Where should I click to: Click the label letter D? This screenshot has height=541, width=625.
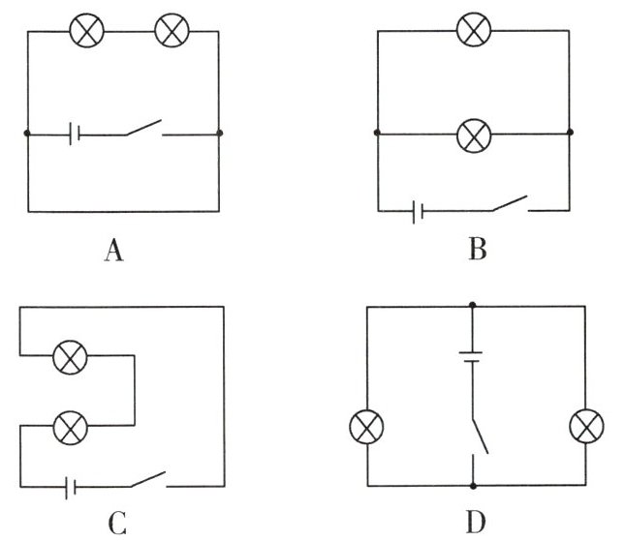475,524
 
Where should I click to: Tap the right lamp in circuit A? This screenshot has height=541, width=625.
172,31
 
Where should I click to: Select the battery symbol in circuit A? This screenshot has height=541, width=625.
74,134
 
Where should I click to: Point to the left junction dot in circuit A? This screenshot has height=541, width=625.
26,134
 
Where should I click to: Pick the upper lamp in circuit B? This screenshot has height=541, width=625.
473,30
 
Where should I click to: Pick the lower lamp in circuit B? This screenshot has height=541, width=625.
473,134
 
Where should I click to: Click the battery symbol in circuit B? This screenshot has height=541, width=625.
418,210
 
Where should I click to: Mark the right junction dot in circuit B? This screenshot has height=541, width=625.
570,134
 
